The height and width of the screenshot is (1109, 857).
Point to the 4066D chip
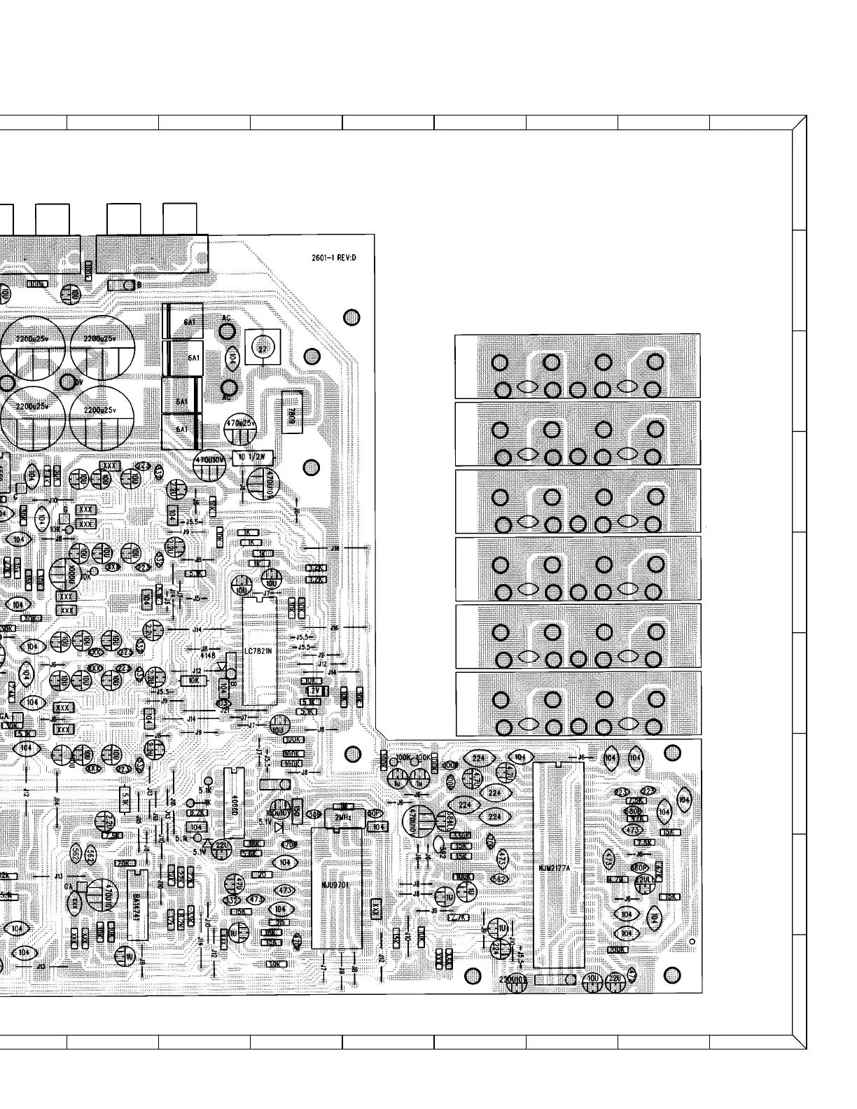pyautogui.click(x=234, y=802)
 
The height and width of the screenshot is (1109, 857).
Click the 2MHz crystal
pyautogui.click(x=343, y=817)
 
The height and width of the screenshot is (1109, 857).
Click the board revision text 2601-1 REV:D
pyautogui.click(x=334, y=258)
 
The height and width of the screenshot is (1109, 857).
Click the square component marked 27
pyautogui.click(x=263, y=349)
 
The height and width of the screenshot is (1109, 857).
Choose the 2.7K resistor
pyautogui.click(x=459, y=917)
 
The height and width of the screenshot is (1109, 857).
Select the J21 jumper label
pyautogui.click(x=224, y=710)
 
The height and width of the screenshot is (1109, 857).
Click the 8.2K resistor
pyautogui.click(x=197, y=813)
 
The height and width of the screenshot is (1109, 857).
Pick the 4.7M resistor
pyautogui.click(x=617, y=880)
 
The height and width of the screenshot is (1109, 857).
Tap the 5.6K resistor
pyautogui.click(x=249, y=853)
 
